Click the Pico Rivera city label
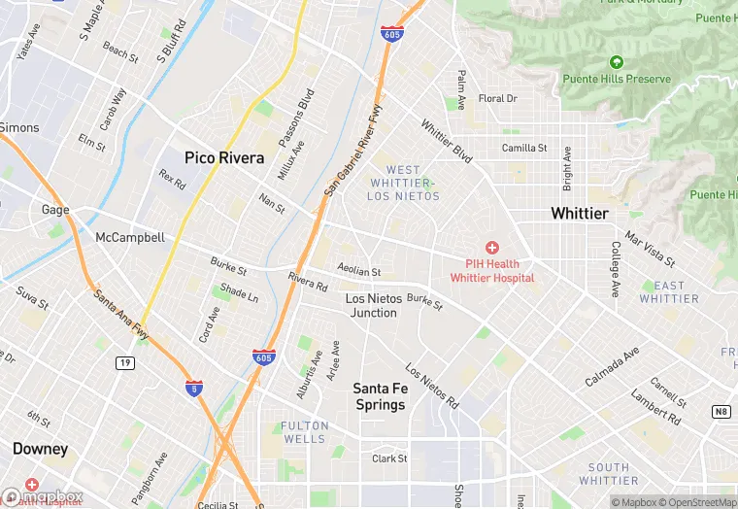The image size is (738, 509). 224,156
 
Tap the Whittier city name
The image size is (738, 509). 579,213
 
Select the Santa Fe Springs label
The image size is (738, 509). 379,396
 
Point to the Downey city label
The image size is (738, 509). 40,449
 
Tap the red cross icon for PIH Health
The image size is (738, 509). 491,249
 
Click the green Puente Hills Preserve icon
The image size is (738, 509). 616,63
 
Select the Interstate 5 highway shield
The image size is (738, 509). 194,388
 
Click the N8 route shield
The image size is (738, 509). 721,412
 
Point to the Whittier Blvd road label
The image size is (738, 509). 447,141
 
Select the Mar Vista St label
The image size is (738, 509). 650,249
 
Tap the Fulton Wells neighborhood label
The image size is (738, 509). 304,432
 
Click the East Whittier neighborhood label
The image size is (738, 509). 669,292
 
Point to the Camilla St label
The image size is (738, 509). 524,149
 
